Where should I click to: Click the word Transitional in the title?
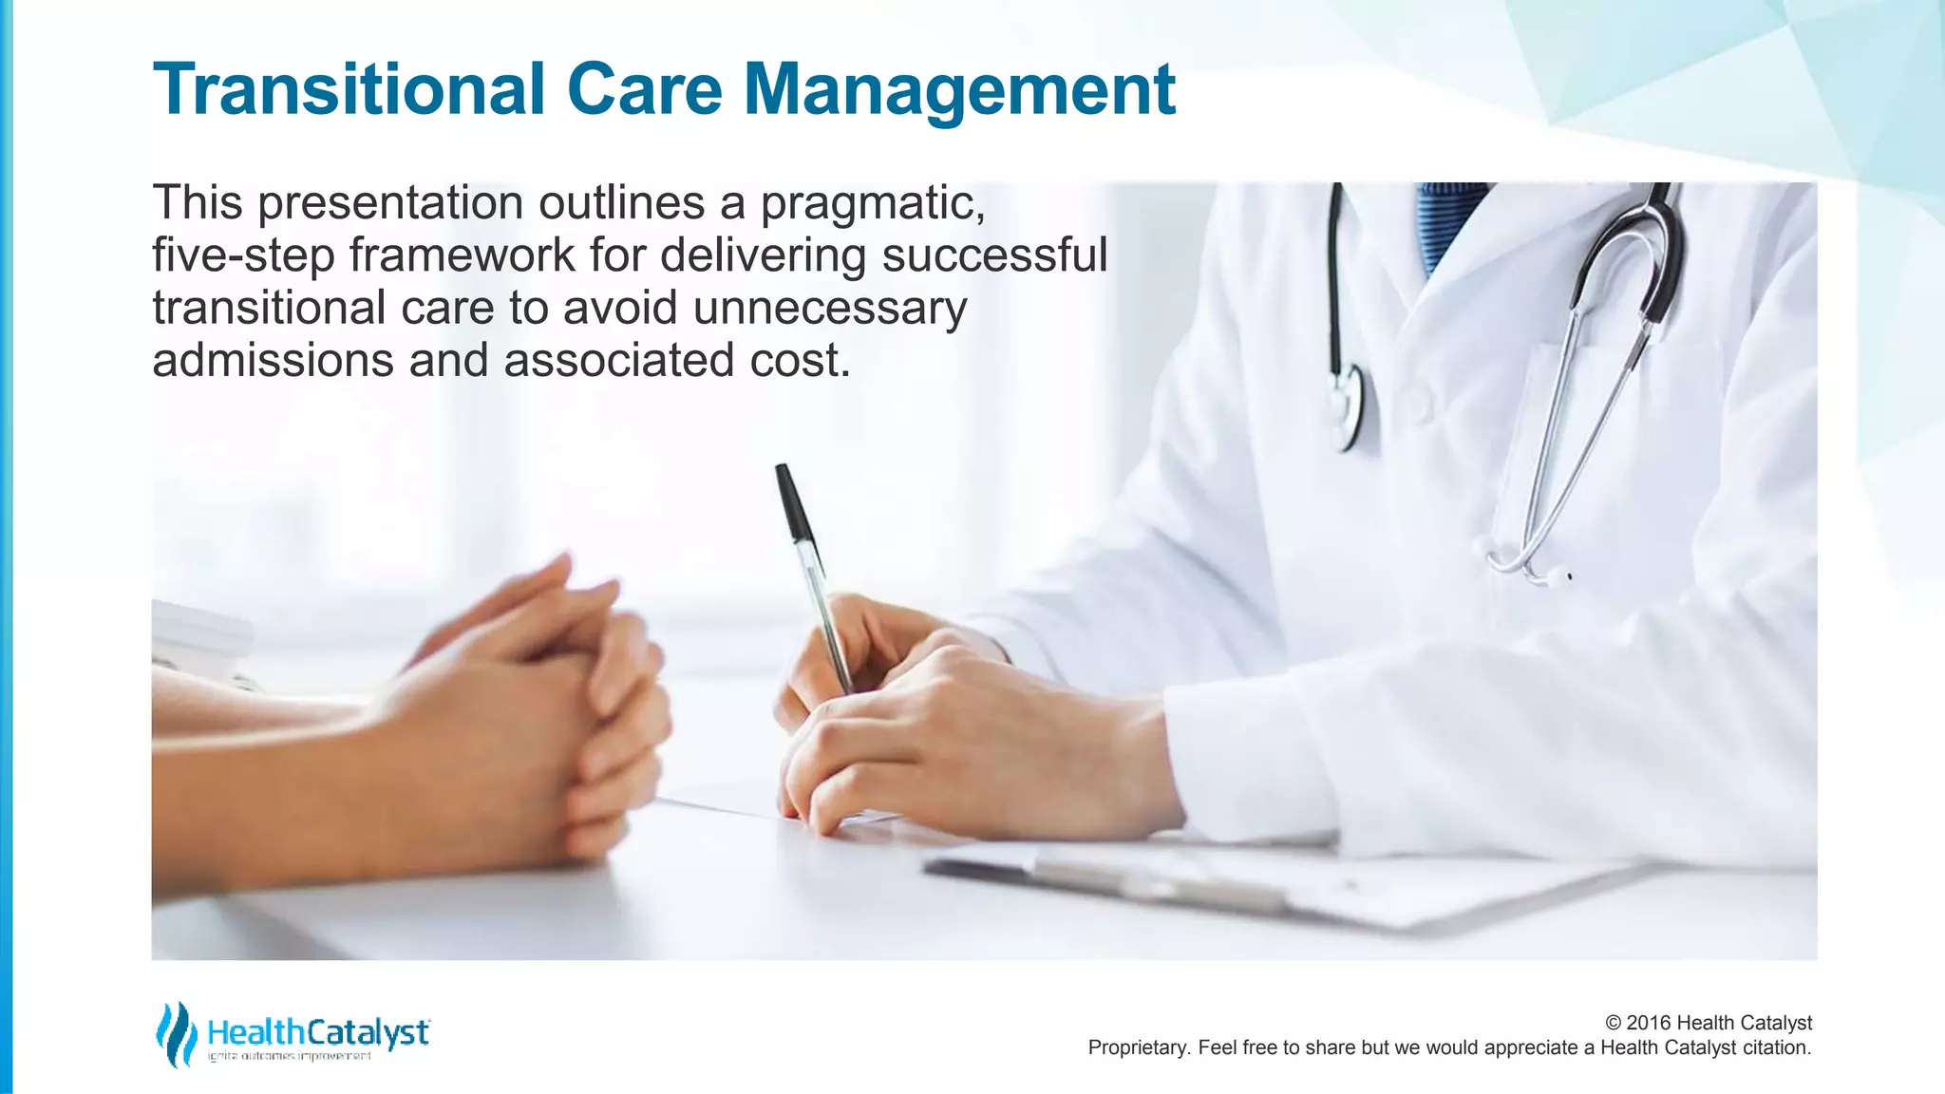point(348,89)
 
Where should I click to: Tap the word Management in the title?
point(959,89)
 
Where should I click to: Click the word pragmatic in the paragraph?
point(872,203)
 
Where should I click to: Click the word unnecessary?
point(829,309)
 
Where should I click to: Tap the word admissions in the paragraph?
point(273,361)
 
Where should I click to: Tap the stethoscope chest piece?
point(1347,408)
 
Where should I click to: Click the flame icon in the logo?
point(176,1033)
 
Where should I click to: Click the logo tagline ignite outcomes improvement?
point(290,1057)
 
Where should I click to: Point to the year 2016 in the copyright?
point(1649,1023)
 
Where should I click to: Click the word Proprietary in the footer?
point(1138,1047)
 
